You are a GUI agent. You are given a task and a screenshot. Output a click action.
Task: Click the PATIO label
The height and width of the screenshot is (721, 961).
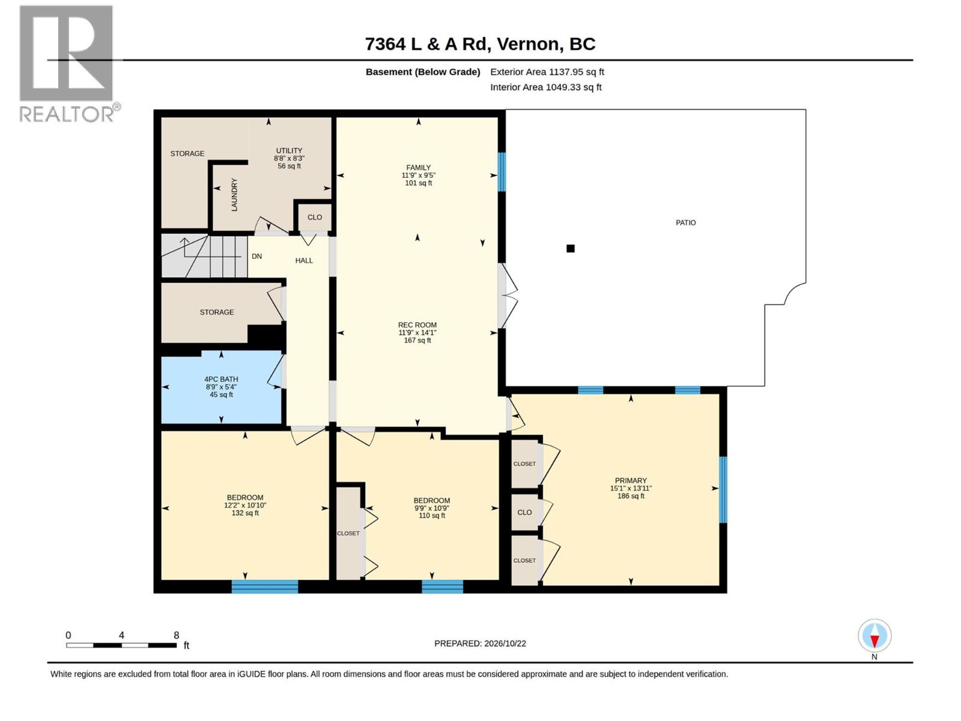tap(685, 223)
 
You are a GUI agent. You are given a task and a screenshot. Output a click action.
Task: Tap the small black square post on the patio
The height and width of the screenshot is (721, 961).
tap(570, 249)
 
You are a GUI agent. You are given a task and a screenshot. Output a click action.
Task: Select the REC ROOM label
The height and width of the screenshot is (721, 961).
tap(417, 325)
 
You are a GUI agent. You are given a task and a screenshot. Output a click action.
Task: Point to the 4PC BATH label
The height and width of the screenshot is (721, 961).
tap(221, 379)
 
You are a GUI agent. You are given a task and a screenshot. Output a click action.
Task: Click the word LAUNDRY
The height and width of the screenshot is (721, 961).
tap(234, 195)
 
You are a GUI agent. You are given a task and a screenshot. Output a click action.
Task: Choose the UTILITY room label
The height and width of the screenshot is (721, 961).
tap(289, 151)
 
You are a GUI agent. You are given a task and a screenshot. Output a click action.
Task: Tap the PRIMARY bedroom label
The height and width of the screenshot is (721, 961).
tap(631, 480)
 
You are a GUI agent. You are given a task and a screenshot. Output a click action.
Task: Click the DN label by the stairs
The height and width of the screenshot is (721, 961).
tap(256, 256)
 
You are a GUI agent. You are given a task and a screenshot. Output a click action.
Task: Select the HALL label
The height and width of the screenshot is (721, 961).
tap(304, 261)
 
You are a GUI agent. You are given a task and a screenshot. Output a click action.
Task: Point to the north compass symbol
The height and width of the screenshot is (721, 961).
tap(875, 636)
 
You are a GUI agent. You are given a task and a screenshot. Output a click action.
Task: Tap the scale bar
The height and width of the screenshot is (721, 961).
tap(122, 645)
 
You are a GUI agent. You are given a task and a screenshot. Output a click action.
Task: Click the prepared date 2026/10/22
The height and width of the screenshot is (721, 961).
tap(505, 643)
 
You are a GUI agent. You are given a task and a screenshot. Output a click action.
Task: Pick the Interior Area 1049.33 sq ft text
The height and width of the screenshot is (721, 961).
tap(545, 87)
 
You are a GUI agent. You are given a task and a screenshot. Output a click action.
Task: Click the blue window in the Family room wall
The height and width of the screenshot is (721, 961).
tap(502, 172)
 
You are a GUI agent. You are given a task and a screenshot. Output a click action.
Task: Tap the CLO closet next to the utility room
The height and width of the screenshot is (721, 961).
tap(314, 217)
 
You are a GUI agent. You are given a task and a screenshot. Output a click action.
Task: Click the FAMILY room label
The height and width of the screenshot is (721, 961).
tap(418, 167)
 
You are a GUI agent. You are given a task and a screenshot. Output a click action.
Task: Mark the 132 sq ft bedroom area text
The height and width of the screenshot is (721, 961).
tap(244, 513)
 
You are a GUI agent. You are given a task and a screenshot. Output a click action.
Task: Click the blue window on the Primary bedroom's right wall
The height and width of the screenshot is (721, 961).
tap(723, 490)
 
